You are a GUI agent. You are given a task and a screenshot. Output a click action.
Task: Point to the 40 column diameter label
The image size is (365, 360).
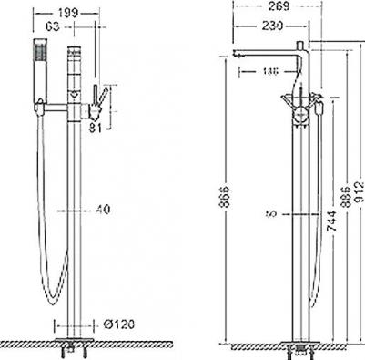click(x=102, y=210)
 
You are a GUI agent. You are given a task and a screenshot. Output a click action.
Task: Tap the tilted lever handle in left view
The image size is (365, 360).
click(x=102, y=96)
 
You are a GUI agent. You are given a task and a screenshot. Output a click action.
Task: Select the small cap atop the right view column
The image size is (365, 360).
click(x=304, y=44)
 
